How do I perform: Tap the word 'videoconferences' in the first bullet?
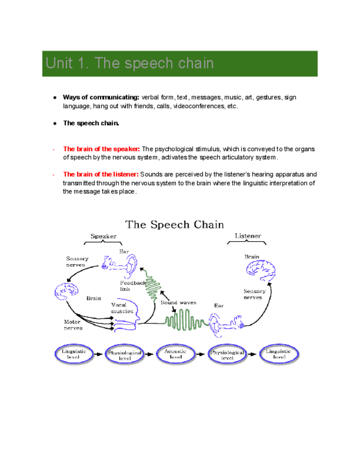[x=198, y=106]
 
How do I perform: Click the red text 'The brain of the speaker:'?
[x=102, y=149]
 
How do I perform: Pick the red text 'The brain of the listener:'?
[x=101, y=175]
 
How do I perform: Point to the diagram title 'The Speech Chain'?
[x=175, y=224]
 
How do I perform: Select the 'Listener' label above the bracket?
[x=248, y=236]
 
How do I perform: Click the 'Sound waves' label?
[x=178, y=302]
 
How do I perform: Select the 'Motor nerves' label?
[x=73, y=325]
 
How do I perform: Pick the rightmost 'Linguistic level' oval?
[x=279, y=354]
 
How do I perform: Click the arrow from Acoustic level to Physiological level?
[x=202, y=354]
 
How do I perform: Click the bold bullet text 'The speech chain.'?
[x=91, y=123]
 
